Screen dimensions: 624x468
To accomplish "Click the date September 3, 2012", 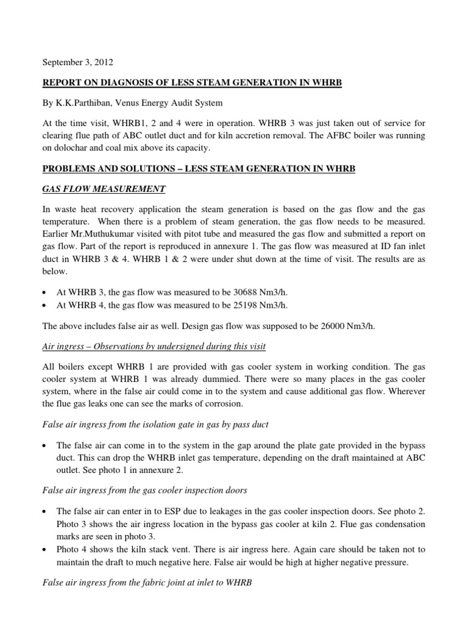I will point(77,62).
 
